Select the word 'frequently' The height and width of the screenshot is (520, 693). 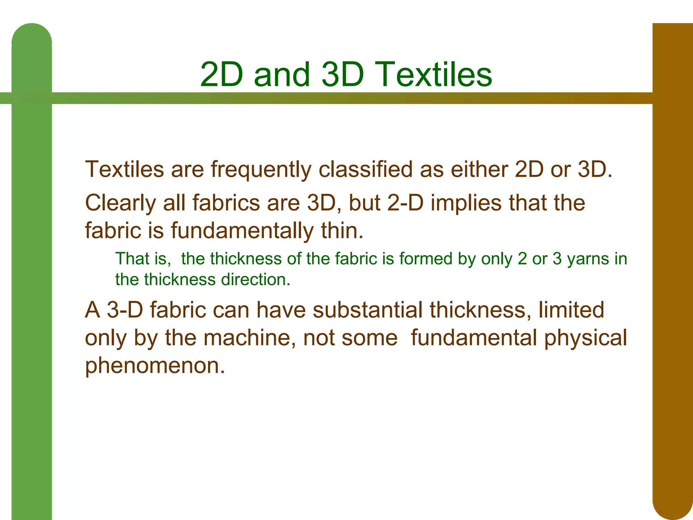tap(261, 170)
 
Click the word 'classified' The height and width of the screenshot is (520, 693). tap(366, 169)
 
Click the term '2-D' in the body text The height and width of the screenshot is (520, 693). tap(405, 203)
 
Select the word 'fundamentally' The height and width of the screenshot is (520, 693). tap(242, 231)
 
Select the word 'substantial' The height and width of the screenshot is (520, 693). tap(367, 310)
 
